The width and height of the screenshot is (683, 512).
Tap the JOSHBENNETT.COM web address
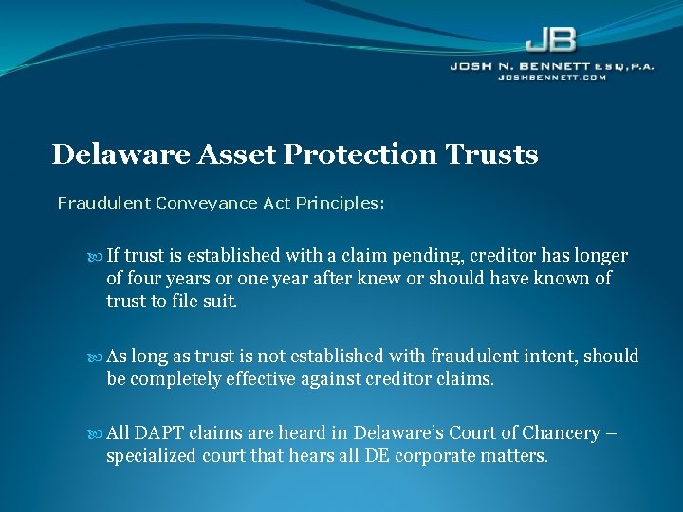[551, 77]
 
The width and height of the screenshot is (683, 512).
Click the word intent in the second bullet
[548, 357]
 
